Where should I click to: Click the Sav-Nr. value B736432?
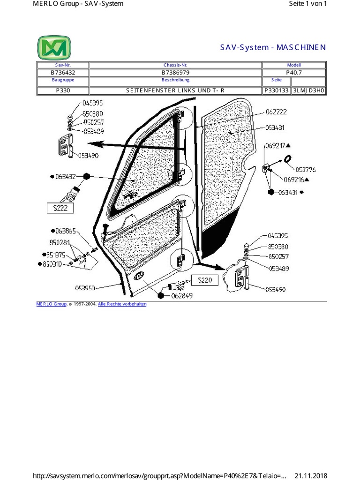coord(63,73)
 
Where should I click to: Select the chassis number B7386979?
coord(175,73)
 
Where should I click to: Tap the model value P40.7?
coord(294,73)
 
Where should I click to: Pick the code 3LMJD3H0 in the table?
coord(308,91)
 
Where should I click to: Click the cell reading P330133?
coord(277,91)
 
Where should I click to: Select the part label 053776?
coord(305,170)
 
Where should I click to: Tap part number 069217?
coord(276,145)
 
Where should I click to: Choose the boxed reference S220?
coord(205,280)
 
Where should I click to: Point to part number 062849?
coord(182,296)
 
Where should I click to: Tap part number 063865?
coord(66,231)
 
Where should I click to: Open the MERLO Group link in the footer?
coord(52,304)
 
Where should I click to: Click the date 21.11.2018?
coord(310,475)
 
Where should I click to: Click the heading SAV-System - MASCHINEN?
coord(273,47)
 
